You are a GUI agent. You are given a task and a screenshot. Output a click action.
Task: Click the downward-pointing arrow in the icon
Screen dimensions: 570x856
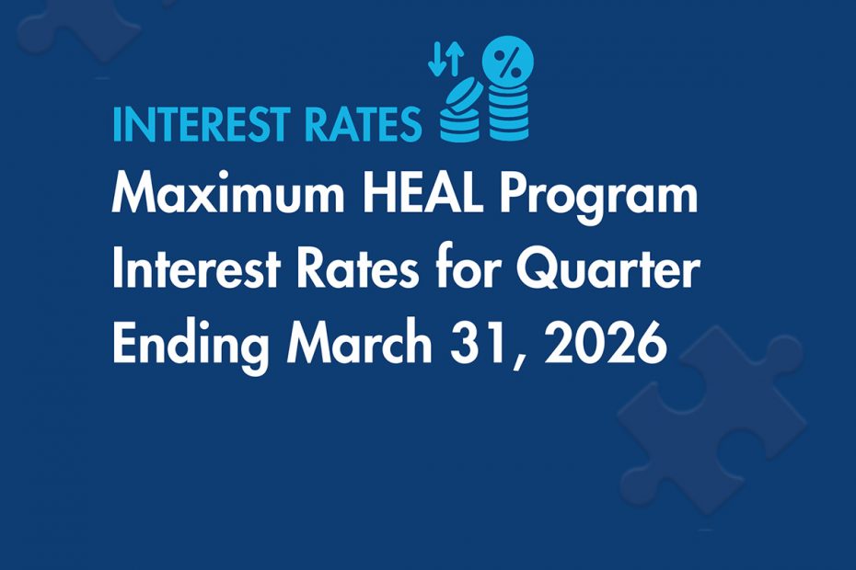[x=434, y=57]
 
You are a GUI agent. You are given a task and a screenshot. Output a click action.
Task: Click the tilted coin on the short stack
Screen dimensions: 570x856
[x=463, y=96]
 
